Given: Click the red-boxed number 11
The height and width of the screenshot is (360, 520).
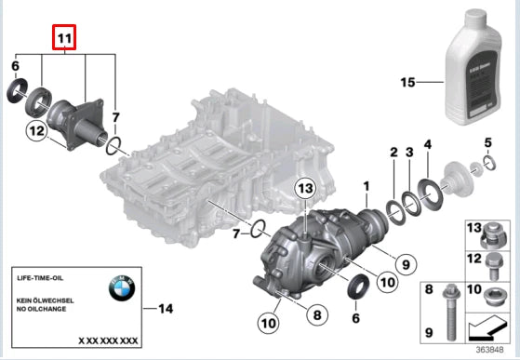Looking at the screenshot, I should point(63,38).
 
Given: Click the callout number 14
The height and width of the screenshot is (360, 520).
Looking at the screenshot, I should point(167,307).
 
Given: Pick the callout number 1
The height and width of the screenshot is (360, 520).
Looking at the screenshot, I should point(367,185).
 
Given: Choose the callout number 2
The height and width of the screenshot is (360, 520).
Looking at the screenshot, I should point(393,151).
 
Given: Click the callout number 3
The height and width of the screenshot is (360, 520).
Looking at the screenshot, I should point(409,151).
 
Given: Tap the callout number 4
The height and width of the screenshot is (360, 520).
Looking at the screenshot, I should point(428,144).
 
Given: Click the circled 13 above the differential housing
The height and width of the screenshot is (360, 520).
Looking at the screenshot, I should point(306,189).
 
